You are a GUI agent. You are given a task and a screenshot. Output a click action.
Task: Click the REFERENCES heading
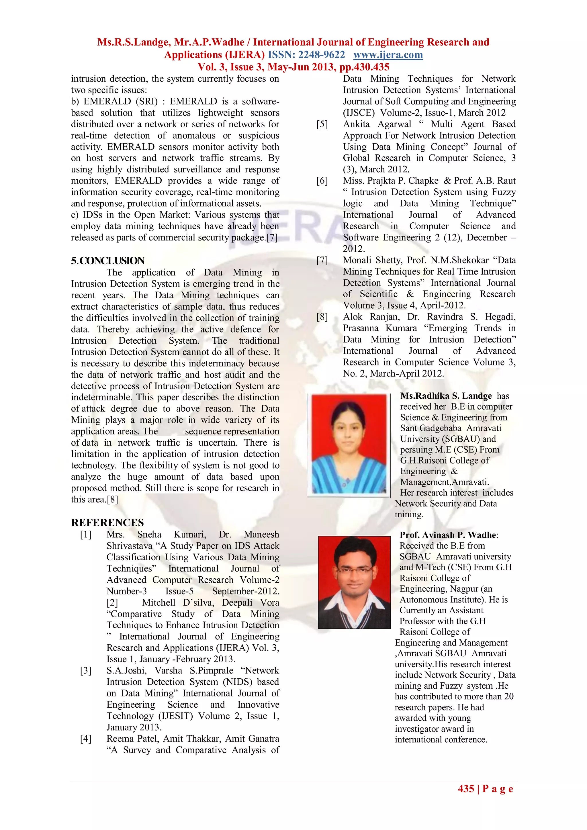[x=107, y=522]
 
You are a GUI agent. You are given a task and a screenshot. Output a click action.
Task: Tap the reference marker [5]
[x=322, y=124]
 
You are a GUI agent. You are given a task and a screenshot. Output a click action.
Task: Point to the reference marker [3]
[x=86, y=671]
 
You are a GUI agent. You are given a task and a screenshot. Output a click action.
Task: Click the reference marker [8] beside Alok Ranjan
[x=322, y=317]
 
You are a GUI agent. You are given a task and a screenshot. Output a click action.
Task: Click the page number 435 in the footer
[x=466, y=789]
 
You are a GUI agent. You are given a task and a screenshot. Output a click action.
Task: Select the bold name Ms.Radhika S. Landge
[x=446, y=396]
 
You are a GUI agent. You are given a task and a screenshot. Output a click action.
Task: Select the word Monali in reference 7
[x=356, y=260]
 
